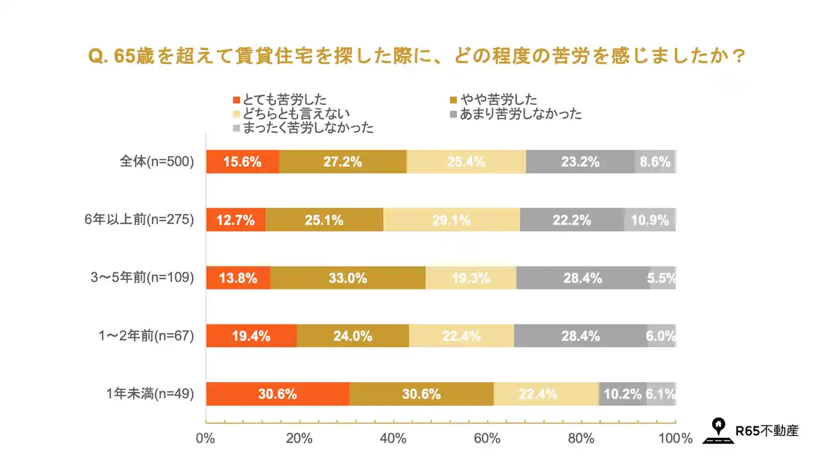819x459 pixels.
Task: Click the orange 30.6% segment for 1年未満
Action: pos(278,394)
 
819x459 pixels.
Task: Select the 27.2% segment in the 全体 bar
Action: pos(343,162)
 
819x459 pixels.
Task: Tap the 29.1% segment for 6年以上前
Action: pos(452,220)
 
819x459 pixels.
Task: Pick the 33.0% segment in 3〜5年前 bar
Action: pos(348,278)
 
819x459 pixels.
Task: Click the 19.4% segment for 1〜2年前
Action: pos(251,336)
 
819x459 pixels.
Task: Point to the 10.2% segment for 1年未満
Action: pos(623,394)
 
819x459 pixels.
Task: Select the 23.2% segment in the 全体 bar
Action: pos(580,162)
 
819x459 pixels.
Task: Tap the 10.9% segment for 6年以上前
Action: pos(649,220)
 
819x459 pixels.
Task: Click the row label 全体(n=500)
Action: pos(157,162)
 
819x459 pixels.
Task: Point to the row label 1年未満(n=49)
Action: pos(150,394)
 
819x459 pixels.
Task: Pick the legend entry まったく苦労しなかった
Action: pos(303,128)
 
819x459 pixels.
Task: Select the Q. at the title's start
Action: pos(98,56)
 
